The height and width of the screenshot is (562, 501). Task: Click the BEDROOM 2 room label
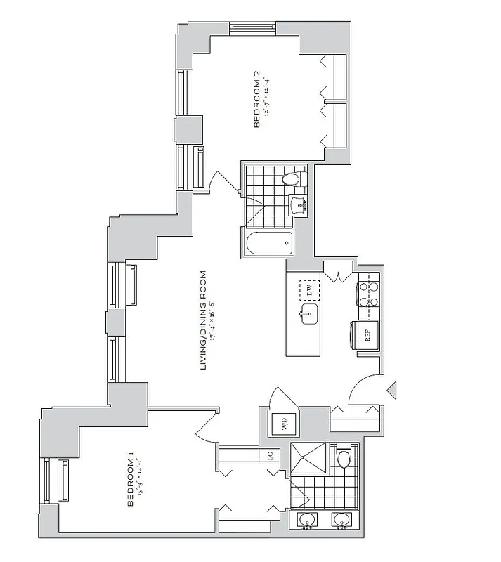(257, 104)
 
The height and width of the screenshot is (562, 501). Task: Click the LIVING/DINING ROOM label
(204, 320)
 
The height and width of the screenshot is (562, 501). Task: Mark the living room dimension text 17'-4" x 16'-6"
(214, 320)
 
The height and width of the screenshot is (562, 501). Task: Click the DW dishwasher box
(308, 290)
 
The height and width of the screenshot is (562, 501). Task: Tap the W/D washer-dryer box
(285, 424)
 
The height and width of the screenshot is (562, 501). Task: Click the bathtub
(268, 244)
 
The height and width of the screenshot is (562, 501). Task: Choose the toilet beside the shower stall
(344, 459)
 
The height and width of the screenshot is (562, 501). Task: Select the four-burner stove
(368, 294)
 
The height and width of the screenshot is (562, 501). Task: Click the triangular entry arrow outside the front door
(393, 388)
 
